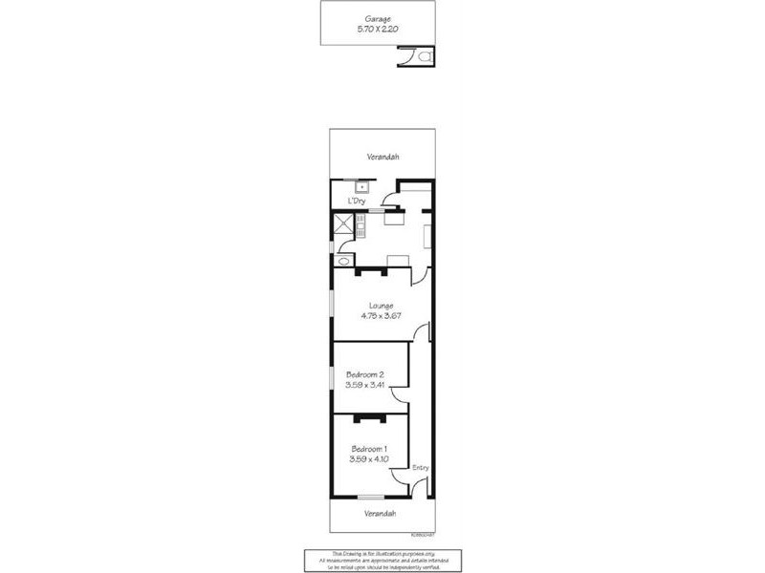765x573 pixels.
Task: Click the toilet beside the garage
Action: coord(425,57)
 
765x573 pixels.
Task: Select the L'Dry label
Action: coord(357,201)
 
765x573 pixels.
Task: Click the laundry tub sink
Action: coord(361,186)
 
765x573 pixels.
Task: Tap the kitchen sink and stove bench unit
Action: coord(361,227)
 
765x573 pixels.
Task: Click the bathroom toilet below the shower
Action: coord(343,257)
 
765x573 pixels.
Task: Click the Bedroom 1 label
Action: coord(369,449)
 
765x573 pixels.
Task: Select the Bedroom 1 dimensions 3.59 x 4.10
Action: coord(369,459)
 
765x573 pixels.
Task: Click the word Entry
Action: coord(420,467)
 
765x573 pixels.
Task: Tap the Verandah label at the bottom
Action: coord(380,514)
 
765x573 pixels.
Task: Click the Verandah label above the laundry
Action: coord(382,157)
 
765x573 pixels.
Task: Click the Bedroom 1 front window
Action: coord(369,497)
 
